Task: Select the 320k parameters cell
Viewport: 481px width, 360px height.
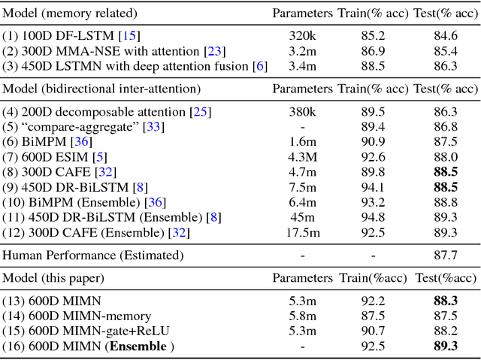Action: click(301, 35)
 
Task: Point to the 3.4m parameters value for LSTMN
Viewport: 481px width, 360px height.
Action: click(301, 66)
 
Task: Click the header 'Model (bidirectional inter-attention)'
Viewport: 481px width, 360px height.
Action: click(101, 89)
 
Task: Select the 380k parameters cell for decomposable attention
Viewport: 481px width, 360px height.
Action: click(301, 112)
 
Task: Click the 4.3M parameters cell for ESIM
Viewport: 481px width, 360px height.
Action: click(301, 157)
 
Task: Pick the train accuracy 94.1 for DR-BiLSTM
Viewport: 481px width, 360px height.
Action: click(373, 187)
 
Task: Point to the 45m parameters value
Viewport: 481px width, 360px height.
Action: click(301, 218)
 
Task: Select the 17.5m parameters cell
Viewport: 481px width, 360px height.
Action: click(301, 233)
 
